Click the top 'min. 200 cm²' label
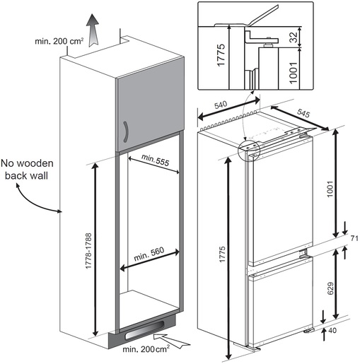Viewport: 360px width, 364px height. [59, 42]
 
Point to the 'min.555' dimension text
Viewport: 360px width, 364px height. [154, 161]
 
